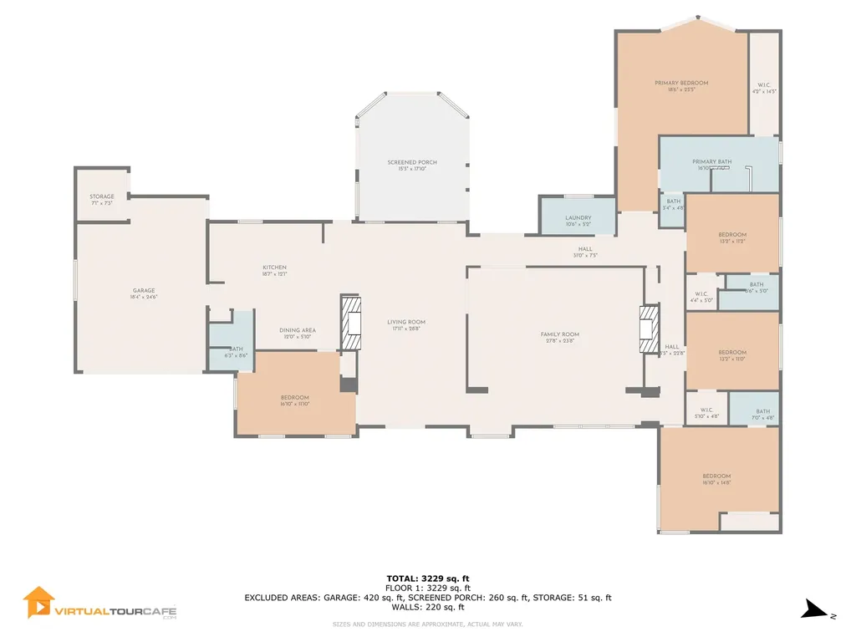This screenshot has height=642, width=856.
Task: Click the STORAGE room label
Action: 102,197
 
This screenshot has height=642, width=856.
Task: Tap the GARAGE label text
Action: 144,291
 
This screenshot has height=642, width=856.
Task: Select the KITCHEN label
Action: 274,267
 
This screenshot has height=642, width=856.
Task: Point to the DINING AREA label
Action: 297,330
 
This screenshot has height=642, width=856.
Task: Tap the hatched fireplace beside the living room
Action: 352,322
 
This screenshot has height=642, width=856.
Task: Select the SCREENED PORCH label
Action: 412,163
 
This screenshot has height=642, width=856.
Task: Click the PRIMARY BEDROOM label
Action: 681,84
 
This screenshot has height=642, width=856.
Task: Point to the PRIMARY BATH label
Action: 711,162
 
